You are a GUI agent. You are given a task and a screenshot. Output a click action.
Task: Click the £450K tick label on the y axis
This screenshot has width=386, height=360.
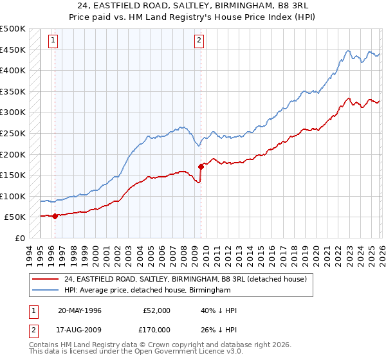(x=13, y=50)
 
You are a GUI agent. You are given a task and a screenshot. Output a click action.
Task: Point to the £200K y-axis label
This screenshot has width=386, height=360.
(x=13, y=154)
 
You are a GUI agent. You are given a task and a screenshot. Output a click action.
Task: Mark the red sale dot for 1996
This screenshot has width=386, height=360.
(x=55, y=216)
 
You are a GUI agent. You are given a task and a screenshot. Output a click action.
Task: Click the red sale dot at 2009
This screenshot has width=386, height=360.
(x=201, y=166)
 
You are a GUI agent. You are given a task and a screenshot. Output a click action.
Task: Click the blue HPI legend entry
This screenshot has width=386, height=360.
(x=147, y=291)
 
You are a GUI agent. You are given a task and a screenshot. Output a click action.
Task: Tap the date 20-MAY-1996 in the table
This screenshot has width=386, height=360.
(x=80, y=310)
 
